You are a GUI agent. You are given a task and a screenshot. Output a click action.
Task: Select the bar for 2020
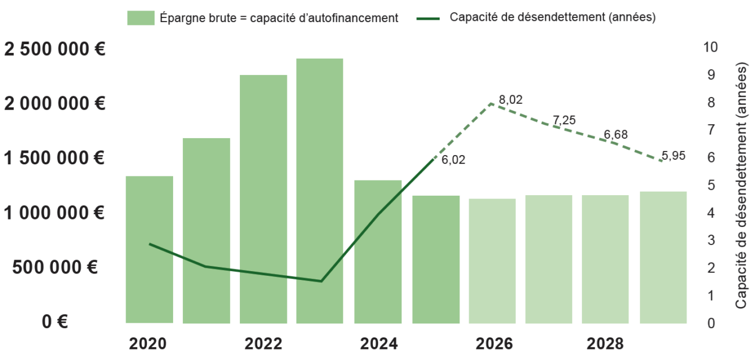tap(149, 249)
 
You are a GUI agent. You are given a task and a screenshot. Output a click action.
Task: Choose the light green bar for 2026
tap(492, 261)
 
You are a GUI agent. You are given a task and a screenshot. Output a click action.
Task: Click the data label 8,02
tap(510, 100)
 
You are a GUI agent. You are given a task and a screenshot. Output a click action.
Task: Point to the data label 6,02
tap(453, 160)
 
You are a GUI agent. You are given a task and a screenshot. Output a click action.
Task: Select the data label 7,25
tap(564, 120)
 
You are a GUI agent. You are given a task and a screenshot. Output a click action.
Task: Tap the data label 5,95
tap(673, 156)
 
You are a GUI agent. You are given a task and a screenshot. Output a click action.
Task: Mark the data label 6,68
tap(616, 135)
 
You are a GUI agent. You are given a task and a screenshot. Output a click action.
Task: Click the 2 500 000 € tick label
tap(55, 49)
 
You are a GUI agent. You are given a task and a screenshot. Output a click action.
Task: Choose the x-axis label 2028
tap(605, 344)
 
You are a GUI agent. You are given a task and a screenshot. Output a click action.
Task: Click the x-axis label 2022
tap(263, 344)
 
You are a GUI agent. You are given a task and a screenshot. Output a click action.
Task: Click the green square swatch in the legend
tap(141, 18)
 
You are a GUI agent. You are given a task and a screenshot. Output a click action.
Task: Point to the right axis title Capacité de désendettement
tap(740, 186)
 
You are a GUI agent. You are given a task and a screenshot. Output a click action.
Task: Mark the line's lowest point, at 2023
tap(321, 281)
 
